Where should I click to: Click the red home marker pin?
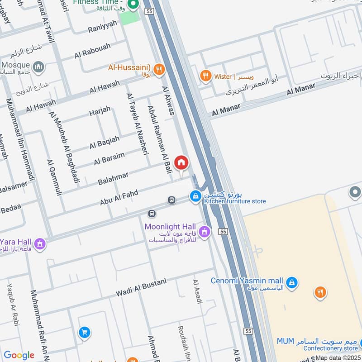181,163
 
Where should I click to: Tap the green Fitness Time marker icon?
133,5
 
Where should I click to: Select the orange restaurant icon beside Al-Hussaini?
158,69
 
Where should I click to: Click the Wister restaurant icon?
206,76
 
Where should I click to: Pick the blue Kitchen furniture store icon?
195,196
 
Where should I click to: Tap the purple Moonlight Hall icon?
205,232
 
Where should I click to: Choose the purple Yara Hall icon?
40,244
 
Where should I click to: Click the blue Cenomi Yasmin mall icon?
292,281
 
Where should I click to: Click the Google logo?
19,355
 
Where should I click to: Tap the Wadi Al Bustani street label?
141,288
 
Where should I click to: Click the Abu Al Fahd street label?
119,198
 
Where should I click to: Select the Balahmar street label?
113,178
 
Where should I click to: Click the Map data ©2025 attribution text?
338,358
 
